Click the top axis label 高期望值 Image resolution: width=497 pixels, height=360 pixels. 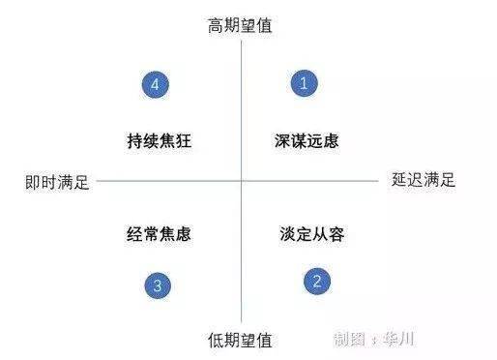pos(240,25)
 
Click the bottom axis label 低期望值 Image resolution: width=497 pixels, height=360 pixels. pos(240,340)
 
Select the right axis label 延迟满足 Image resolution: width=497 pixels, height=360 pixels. pos(424,179)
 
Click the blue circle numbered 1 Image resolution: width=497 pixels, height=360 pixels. pos(304,83)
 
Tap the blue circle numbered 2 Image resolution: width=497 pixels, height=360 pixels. pos(316,282)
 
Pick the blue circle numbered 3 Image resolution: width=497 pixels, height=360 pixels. pos(158,285)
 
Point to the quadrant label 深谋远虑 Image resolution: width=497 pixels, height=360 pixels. pos(307,140)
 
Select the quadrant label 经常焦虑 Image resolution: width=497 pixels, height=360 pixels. pos(159,233)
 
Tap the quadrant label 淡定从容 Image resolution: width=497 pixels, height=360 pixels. pos(312,233)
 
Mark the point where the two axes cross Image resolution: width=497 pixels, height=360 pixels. pos(240,180)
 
